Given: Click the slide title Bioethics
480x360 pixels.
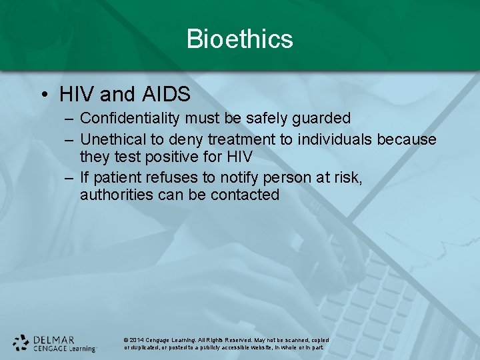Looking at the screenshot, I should click(x=239, y=39).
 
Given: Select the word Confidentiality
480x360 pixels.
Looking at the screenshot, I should click(x=127, y=119).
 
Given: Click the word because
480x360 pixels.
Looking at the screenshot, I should click(x=407, y=139).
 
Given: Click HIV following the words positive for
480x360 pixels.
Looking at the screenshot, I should click(x=239, y=157).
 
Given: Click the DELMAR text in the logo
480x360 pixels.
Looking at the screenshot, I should click(x=53, y=339).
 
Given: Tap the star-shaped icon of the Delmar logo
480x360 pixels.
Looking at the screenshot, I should click(x=21, y=343).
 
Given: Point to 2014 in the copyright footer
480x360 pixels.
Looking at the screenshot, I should click(x=137, y=340).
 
